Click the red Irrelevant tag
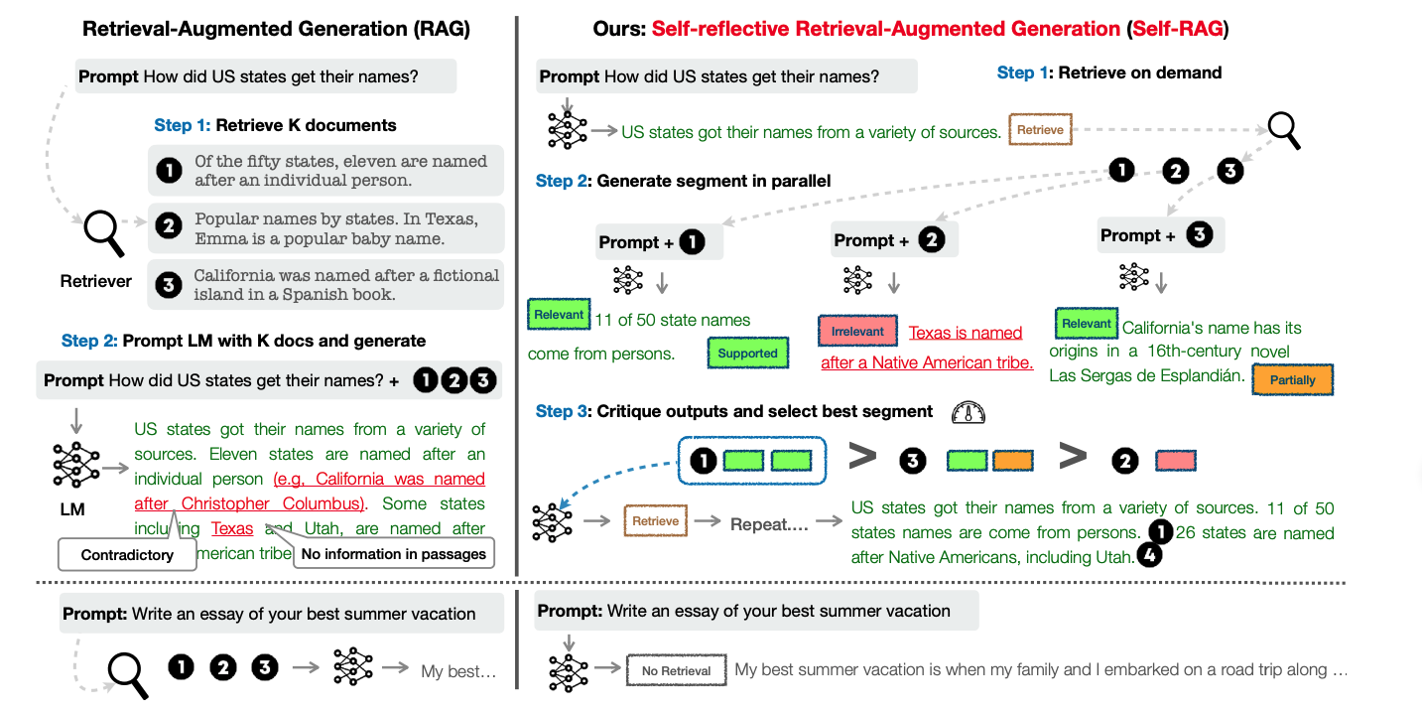pos(857,331)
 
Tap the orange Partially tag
pos(1292,379)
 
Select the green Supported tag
pos(747,353)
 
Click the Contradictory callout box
pos(127,554)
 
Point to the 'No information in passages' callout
pos(393,553)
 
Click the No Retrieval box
pos(676,670)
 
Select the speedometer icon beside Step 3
pos(966,412)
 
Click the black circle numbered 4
pos(1148,556)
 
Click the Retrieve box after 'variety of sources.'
pos(1040,130)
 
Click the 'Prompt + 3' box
pos(1161,235)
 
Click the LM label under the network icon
pos(72,509)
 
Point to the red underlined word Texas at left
pos(232,528)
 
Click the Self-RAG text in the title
pos(1178,28)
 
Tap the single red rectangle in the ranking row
pos(1176,460)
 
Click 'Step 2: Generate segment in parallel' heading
pos(683,181)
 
